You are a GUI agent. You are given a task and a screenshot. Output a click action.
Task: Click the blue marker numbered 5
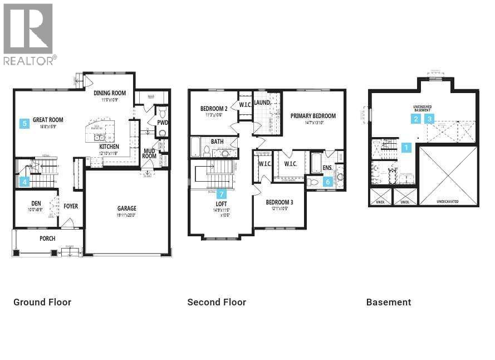[x=24, y=124]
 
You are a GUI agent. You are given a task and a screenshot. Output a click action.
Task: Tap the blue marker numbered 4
[x=24, y=181]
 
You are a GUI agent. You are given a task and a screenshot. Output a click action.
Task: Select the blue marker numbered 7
[x=222, y=194]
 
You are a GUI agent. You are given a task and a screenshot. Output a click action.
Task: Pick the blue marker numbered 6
[x=327, y=181]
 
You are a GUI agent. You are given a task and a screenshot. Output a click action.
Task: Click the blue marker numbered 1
[x=406, y=148]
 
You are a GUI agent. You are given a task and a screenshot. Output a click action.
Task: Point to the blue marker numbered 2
[x=416, y=119]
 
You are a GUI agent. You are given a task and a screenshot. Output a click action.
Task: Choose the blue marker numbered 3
[x=429, y=119]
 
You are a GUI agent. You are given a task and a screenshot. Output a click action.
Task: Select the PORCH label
[x=47, y=239]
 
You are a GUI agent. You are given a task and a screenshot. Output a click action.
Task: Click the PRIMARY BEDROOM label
[x=313, y=116]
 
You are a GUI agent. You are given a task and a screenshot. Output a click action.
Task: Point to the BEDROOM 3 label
[x=280, y=202]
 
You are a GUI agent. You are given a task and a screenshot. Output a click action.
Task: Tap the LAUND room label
[x=262, y=103]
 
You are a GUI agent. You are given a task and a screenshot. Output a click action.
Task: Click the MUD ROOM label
[x=149, y=153]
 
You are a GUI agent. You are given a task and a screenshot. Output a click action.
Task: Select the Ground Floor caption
[x=42, y=302]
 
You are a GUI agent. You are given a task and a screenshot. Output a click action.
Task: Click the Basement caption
[x=389, y=302]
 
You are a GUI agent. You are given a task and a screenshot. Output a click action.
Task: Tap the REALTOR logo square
[x=28, y=29]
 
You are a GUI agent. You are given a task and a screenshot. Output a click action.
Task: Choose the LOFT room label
[x=222, y=204]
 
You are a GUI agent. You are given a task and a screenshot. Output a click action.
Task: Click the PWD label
[x=163, y=123]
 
